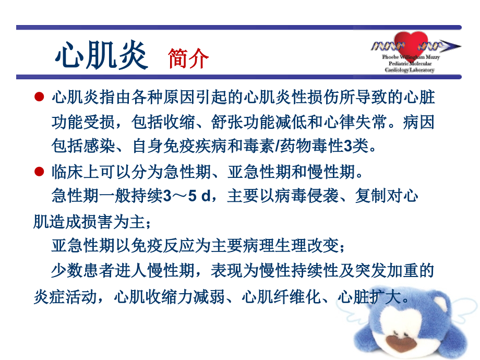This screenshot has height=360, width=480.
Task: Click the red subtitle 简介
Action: (x=188, y=59)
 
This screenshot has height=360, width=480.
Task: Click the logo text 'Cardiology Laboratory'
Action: (x=409, y=69)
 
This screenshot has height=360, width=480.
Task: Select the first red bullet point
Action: (x=38, y=97)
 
